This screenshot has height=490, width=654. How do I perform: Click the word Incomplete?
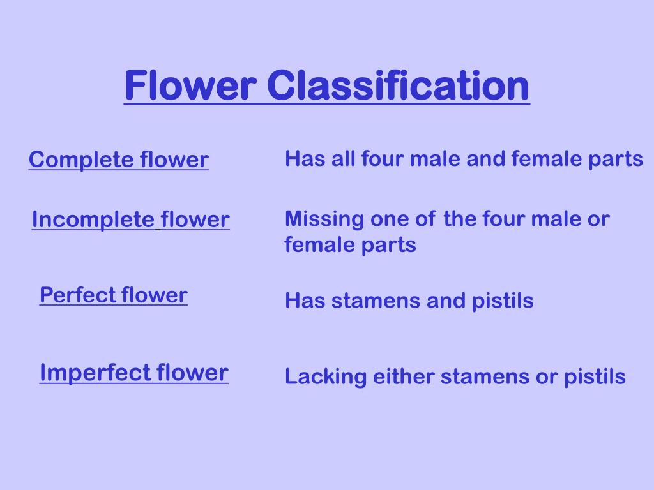93,219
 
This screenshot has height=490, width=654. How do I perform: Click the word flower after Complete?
174,160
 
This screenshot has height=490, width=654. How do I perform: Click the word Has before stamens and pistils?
303,300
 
